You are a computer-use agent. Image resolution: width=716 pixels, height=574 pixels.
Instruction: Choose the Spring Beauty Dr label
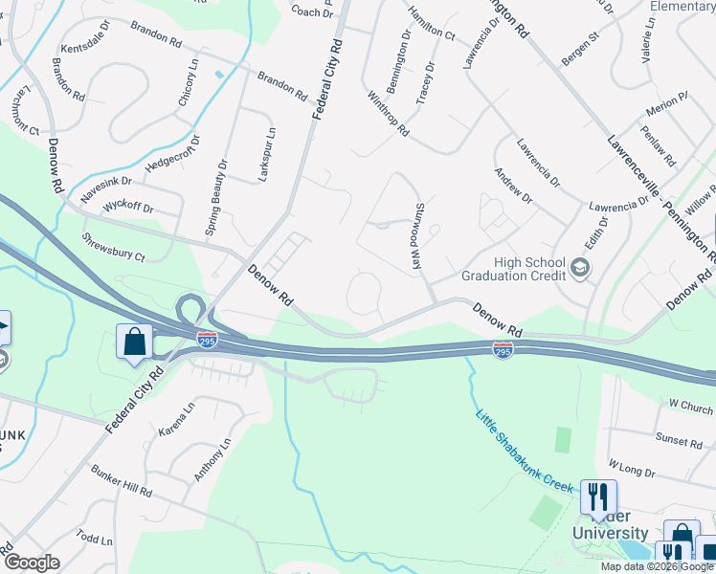coord(217,198)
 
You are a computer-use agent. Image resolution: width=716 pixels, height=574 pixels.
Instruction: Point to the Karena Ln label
coord(175,417)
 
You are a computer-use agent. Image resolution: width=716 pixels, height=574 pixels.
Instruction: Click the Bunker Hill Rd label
coord(121,481)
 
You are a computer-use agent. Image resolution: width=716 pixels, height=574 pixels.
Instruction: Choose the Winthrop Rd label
coord(388,112)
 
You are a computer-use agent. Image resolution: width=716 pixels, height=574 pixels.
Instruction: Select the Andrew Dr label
coord(512,185)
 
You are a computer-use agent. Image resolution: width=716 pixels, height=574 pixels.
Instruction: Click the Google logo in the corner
coord(32,563)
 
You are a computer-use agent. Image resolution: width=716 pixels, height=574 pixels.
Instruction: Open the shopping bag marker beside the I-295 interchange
coord(135,342)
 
